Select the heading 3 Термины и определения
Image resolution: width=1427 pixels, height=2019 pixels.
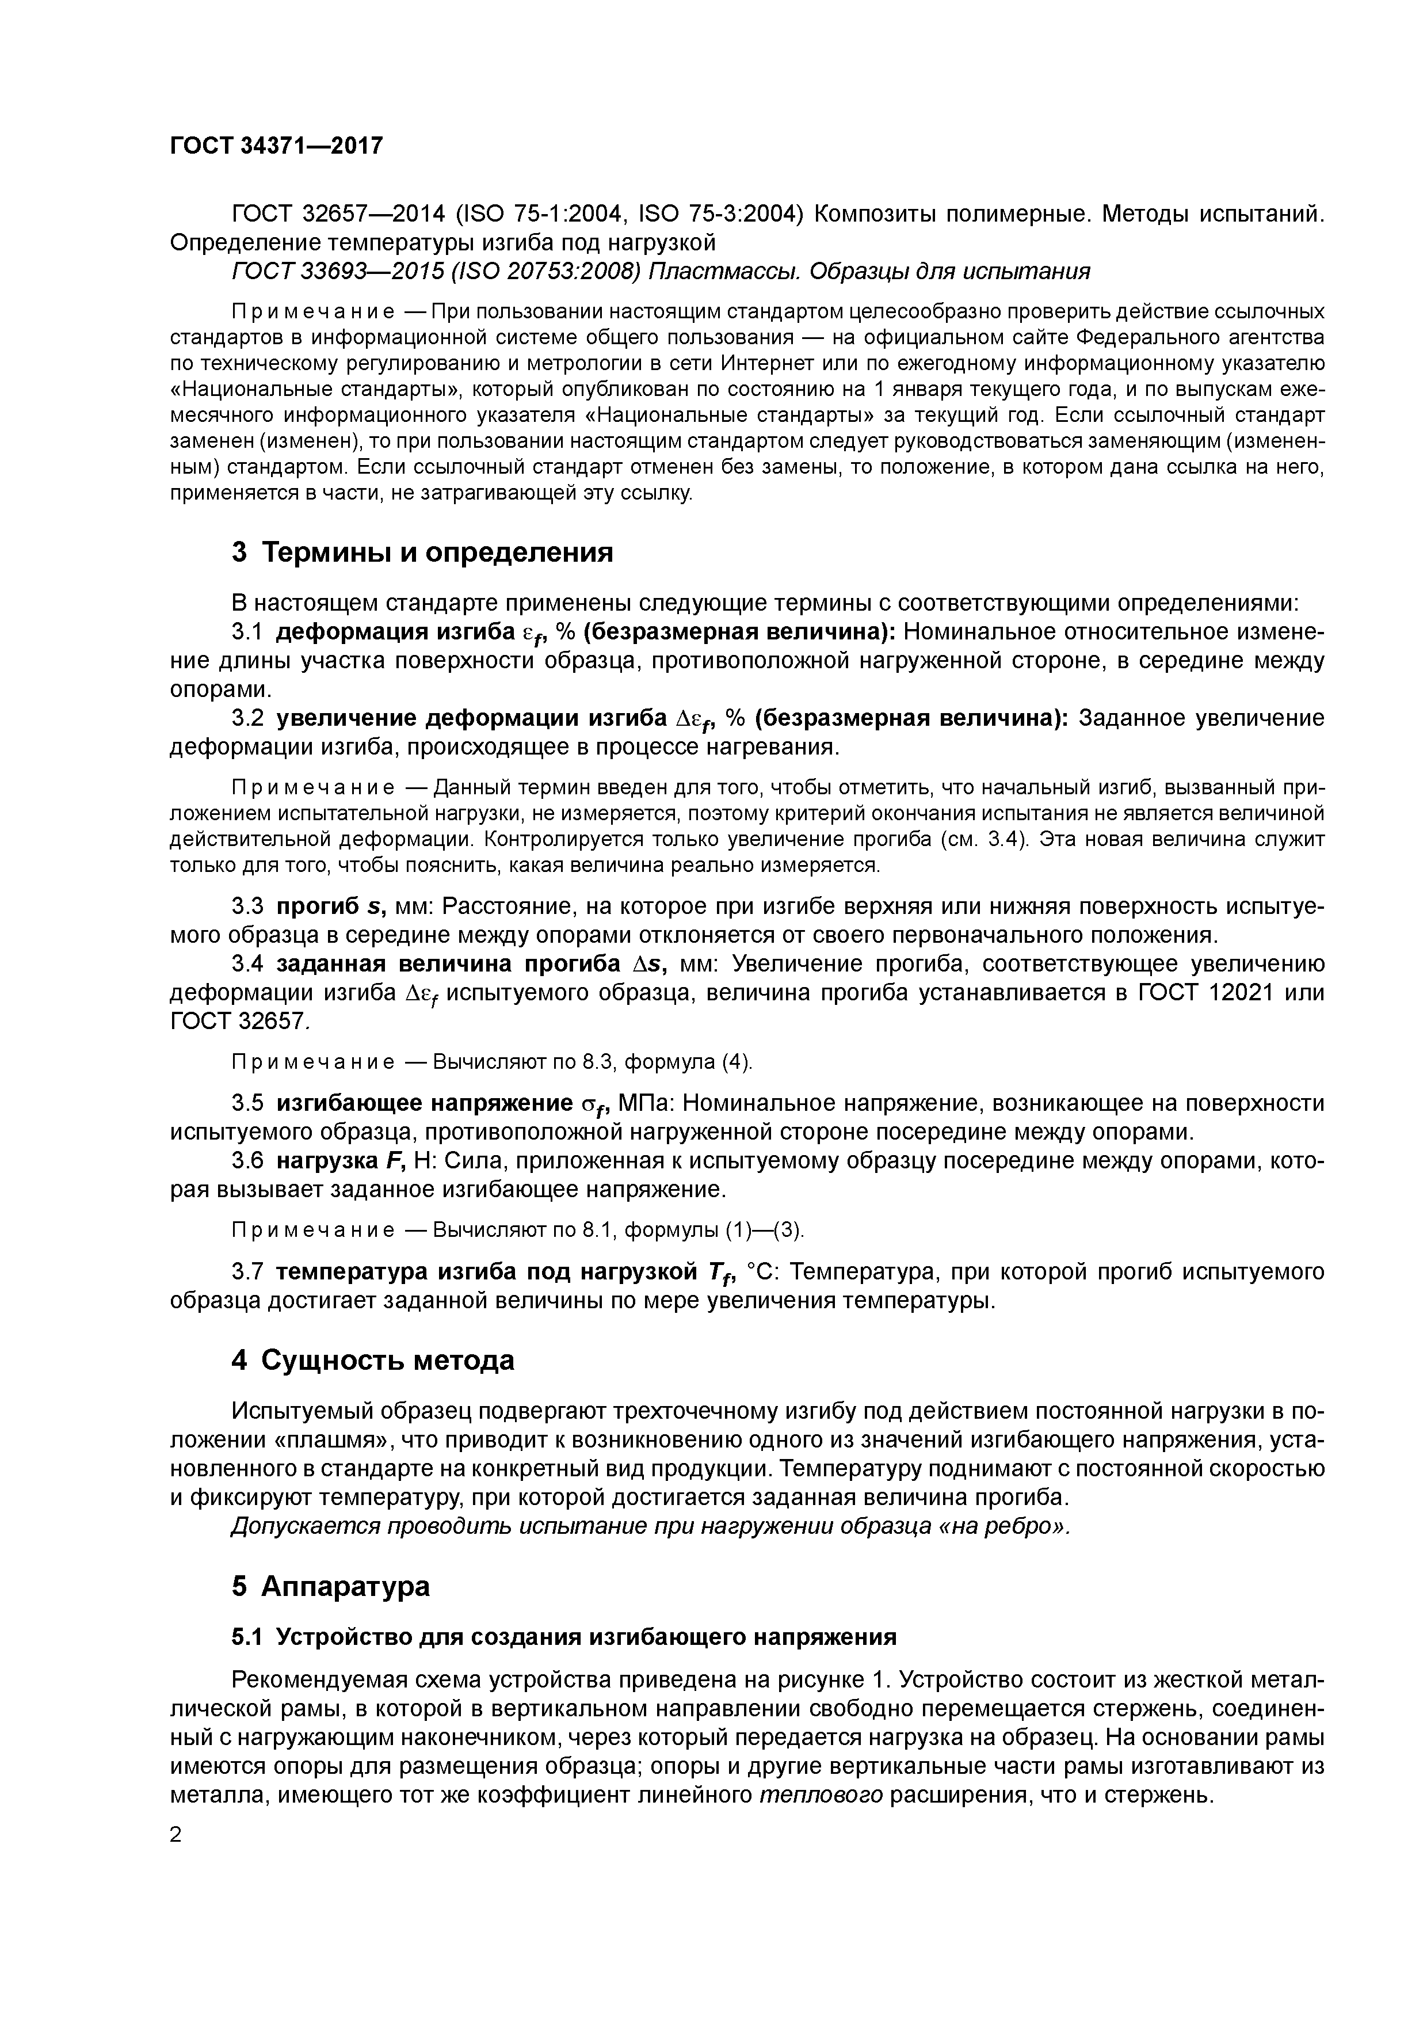[422, 553]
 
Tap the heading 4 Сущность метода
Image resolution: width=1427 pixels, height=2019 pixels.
[373, 1361]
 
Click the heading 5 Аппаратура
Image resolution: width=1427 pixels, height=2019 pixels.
[331, 1586]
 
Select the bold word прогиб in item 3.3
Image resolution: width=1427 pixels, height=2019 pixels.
[308, 906]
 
